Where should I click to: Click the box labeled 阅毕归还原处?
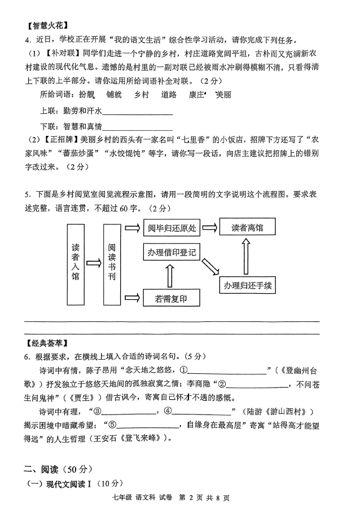pos(172,228)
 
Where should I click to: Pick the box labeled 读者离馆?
pos(247,228)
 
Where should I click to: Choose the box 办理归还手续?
pos(247,285)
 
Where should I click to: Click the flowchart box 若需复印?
pos(172,299)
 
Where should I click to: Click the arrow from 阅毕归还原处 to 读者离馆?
pos(209,228)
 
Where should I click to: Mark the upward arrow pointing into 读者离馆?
pos(247,256)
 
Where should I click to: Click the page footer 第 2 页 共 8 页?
pos(204,498)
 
